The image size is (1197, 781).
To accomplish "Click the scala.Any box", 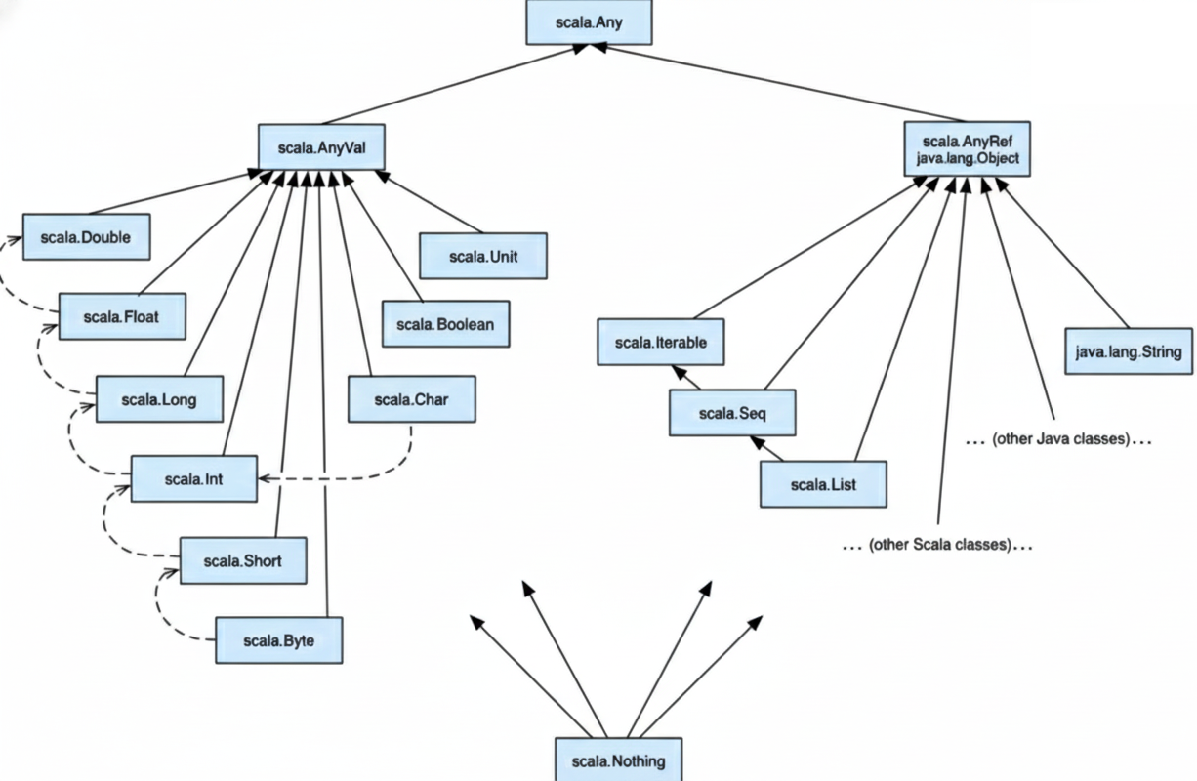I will pyautogui.click(x=588, y=21).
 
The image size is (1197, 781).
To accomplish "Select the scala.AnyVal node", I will pyautogui.click(x=320, y=147).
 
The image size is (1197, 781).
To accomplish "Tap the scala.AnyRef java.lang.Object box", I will pyautogui.click(x=966, y=148).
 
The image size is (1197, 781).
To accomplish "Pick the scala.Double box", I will pyautogui.click(x=86, y=237).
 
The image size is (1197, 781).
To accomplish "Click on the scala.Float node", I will pyautogui.click(x=122, y=316).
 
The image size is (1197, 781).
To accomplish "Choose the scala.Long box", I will pyautogui.click(x=159, y=399).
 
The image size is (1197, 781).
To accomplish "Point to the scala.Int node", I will pyautogui.click(x=194, y=479).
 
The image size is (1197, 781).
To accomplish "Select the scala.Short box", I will pyautogui.click(x=243, y=560).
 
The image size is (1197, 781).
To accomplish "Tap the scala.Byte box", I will pyautogui.click(x=278, y=640).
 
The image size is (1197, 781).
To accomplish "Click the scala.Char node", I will pyautogui.click(x=411, y=399).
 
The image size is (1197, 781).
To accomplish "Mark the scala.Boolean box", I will pyautogui.click(x=446, y=323).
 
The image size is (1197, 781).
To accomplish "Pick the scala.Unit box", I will pyautogui.click(x=482, y=256).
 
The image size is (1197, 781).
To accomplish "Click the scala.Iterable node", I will pyautogui.click(x=660, y=343).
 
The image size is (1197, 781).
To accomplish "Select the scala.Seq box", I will pyautogui.click(x=732, y=413).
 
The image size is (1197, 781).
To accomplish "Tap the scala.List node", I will pyautogui.click(x=823, y=484).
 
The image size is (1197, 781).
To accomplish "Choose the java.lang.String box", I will pyautogui.click(x=1128, y=351).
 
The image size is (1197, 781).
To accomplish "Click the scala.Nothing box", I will pyautogui.click(x=619, y=760).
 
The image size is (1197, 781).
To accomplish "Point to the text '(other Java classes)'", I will pyautogui.click(x=1060, y=439).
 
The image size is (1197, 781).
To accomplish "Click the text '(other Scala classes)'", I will pyautogui.click(x=937, y=545).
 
